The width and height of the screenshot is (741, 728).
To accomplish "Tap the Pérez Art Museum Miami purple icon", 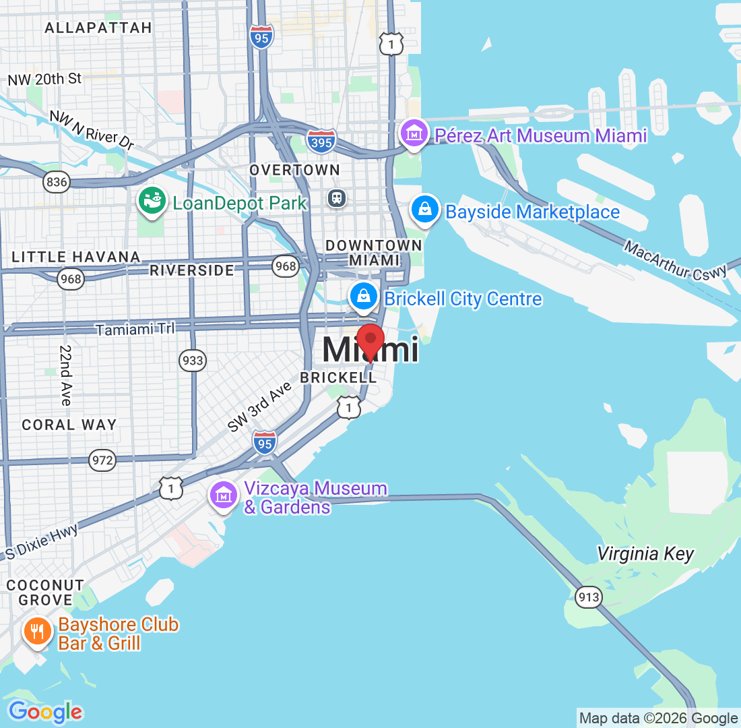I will coord(413,133).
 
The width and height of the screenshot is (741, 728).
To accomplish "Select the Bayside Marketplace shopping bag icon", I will coord(426,209).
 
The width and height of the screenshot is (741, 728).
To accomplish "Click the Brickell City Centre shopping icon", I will coord(364,296).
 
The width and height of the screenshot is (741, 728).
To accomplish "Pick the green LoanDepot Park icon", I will coord(152,200).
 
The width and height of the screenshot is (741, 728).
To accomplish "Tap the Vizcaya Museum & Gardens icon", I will coord(224,495).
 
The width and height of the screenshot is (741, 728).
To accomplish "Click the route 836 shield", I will coord(56,181).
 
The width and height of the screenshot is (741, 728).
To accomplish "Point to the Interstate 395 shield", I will coord(321,141).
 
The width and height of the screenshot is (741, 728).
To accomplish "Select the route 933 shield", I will coord(193,361).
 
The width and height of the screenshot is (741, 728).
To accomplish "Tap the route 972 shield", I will coord(102,461).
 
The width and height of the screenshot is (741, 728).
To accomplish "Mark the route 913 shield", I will coord(588,597).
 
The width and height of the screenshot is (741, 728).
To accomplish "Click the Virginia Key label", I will coord(645,554).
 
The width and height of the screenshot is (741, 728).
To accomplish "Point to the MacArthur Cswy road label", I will coord(676,260).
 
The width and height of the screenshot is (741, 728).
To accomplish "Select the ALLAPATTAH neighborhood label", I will coord(98,28).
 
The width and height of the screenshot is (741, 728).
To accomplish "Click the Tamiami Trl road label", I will coord(135,330).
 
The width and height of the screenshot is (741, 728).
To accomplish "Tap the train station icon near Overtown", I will coord(337,198).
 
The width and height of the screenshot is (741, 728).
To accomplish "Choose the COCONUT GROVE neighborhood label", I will coord(45,593).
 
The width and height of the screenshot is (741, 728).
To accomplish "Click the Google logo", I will coord(45,711).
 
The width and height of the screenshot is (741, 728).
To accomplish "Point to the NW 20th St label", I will coord(44,79).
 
